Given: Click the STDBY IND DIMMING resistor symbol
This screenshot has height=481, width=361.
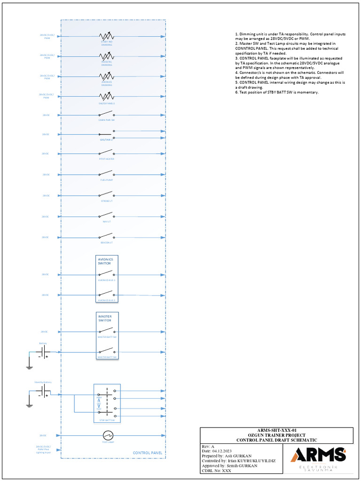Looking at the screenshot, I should coord(106,36).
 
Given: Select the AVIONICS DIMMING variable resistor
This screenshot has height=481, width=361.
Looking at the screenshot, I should coord(106,76).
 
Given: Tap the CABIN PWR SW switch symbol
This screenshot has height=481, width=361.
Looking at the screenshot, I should coord(106,114).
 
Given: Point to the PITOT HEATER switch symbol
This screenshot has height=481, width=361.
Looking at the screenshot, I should coord(106,153).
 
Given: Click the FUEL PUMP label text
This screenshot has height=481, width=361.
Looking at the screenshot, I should coord(106,180).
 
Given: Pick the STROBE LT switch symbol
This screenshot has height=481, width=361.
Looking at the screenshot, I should coord(106,194).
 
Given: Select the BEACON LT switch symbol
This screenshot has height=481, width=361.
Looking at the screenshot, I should coord(106,236).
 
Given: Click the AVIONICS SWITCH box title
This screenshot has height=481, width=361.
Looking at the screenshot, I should coord(104,261).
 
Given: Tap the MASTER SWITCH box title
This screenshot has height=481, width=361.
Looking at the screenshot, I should coord(105,318).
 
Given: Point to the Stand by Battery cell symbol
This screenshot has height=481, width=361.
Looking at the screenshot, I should coord(44,391).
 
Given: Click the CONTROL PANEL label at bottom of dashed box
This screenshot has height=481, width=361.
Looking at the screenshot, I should coord(148,453).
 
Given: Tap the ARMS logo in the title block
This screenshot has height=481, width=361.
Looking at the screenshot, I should coord(318,455).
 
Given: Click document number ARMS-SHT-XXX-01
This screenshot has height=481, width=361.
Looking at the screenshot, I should coord(277,430).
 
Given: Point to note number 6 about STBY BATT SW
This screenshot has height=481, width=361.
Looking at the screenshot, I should coord(277,92).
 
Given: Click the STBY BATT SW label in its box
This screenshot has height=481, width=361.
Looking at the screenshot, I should coord(107,420).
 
